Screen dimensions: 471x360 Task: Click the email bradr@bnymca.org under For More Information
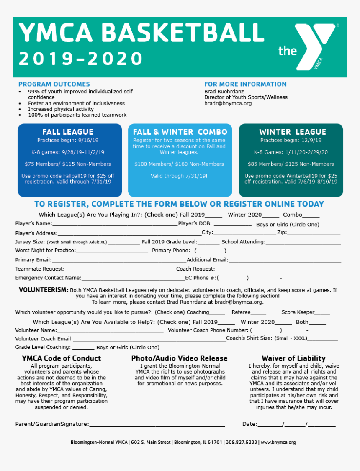[228, 103]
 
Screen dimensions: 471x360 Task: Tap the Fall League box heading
[68, 132]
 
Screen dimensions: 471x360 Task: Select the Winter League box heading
[292, 132]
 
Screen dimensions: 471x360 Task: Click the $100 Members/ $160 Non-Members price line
[179, 164]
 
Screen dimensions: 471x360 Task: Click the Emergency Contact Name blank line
[133, 279]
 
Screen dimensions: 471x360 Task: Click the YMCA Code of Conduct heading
[61, 358]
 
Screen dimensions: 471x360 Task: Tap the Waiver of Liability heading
[293, 358]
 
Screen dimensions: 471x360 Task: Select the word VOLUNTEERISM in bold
[43, 290]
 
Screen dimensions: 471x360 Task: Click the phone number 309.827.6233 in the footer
[242, 442]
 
